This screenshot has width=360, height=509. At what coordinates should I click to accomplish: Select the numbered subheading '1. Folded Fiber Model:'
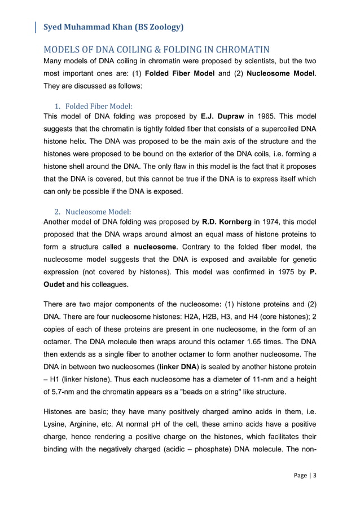coord(93,106)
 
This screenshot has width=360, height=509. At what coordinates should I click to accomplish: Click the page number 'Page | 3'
coord(305,490)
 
